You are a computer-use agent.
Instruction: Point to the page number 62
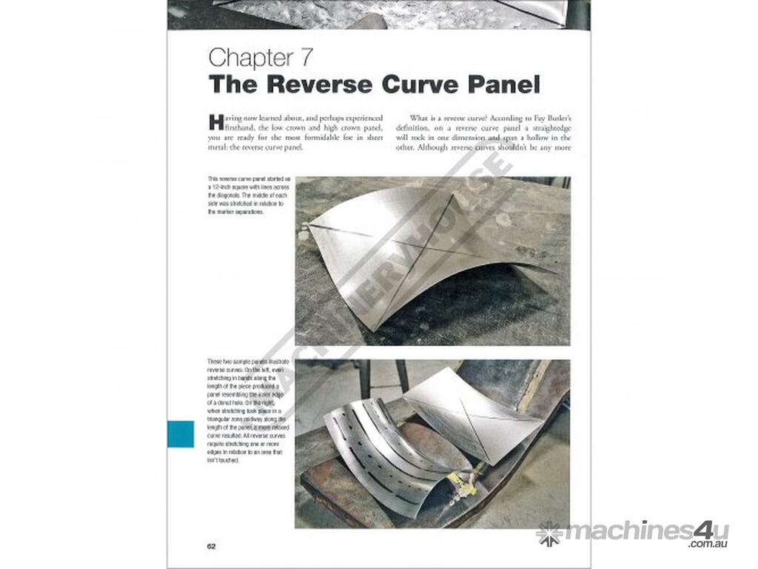click(x=211, y=546)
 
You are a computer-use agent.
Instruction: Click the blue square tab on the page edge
click(x=181, y=434)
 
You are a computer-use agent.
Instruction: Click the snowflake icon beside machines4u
click(x=549, y=533)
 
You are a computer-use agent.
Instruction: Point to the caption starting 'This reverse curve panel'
click(x=240, y=196)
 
